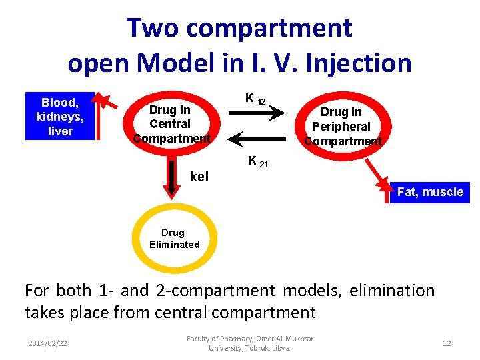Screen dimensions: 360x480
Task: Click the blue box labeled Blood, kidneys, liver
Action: click(x=60, y=117)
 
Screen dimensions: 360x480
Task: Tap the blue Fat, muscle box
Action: click(x=429, y=192)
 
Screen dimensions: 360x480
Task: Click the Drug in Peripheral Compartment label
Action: click(x=342, y=127)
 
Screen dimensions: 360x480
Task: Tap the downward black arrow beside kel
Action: click(x=172, y=177)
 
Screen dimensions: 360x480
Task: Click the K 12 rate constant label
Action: click(x=255, y=99)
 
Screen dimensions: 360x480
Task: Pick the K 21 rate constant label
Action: click(x=257, y=161)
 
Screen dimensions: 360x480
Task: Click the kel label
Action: click(x=199, y=177)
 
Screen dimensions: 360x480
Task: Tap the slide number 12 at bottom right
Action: click(x=447, y=343)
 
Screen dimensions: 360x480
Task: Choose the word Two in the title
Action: click(x=152, y=28)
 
